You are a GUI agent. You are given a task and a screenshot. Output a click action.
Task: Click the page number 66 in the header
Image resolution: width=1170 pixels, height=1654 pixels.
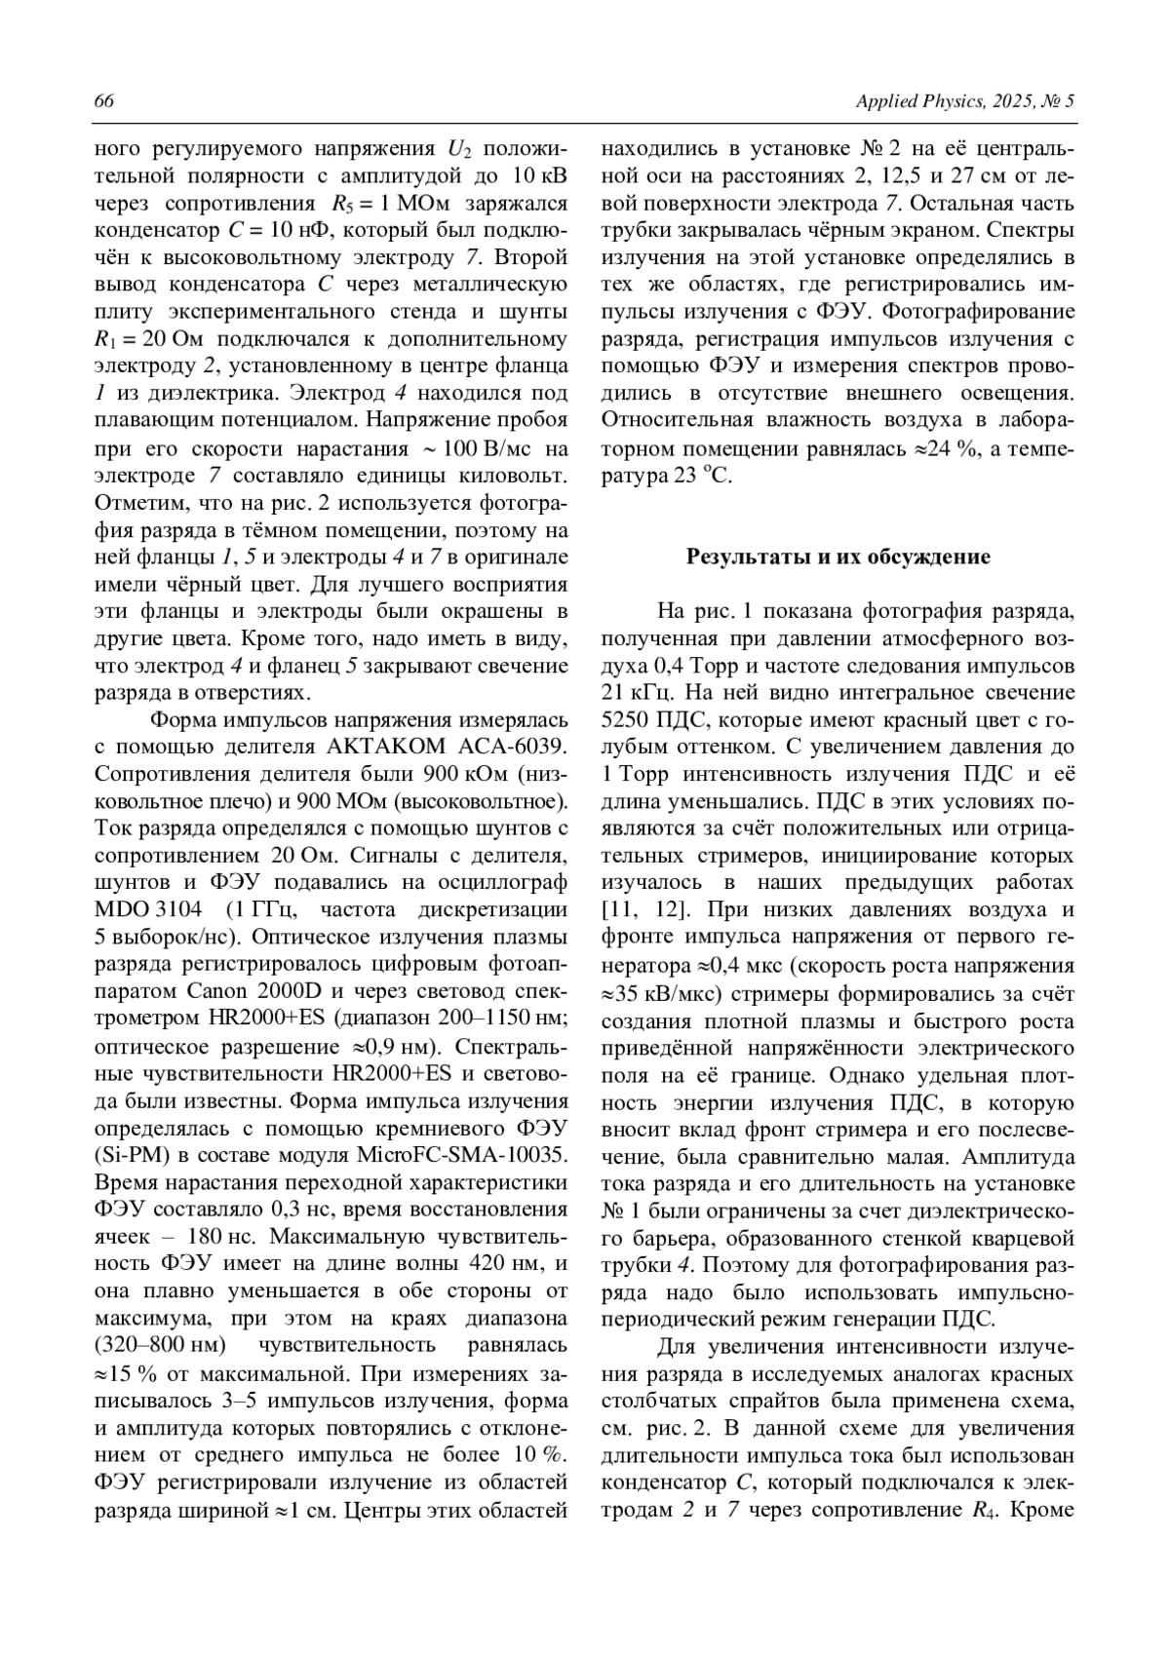103,101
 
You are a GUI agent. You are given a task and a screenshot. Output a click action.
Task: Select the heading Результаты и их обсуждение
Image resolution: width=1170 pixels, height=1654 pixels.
838,558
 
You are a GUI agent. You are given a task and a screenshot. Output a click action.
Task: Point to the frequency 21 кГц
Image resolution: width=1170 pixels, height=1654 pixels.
633,693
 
